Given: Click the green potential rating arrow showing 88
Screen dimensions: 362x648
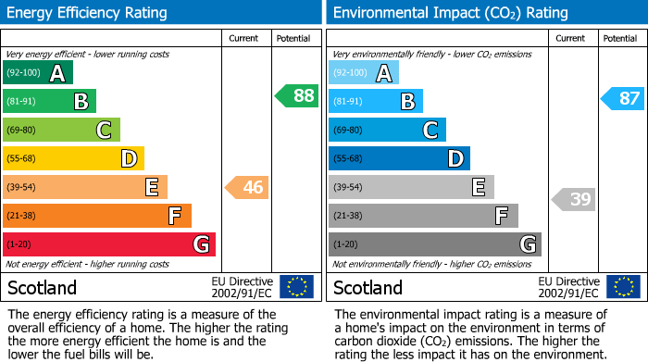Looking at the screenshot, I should [296, 95].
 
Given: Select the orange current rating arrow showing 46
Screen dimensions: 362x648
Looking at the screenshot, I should [246, 188].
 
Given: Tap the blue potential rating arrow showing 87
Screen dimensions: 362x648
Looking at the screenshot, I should [622, 99].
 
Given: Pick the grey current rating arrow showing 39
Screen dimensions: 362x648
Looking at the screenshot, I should [574, 199].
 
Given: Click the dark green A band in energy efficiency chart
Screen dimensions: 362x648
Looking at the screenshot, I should [38, 73].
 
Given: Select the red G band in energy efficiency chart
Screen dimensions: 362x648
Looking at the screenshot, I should [109, 244].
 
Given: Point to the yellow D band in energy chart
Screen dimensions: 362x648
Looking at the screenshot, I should [73, 158].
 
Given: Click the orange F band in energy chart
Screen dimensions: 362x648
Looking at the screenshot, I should [97, 216].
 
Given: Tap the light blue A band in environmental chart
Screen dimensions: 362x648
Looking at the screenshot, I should [364, 73].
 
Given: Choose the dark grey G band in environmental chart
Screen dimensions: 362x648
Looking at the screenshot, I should [434, 244].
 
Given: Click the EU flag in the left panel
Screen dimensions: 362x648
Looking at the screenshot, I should [296, 286].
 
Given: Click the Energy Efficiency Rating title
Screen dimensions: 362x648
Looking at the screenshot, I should [88, 13].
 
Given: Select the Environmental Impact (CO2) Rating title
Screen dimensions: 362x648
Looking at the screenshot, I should [450, 13].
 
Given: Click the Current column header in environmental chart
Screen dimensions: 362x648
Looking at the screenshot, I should [571, 38].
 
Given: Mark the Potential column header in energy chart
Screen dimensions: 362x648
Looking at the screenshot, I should [293, 38].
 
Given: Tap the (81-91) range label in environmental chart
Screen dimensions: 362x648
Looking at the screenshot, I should [350, 101].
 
